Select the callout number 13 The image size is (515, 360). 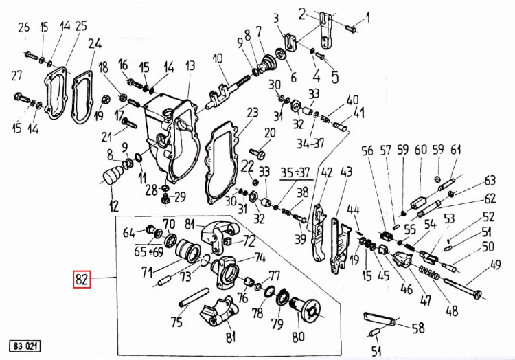[190, 66]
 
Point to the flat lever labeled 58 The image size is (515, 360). [378, 319]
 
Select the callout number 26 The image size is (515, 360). [24, 27]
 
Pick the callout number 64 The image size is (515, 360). [130, 232]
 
